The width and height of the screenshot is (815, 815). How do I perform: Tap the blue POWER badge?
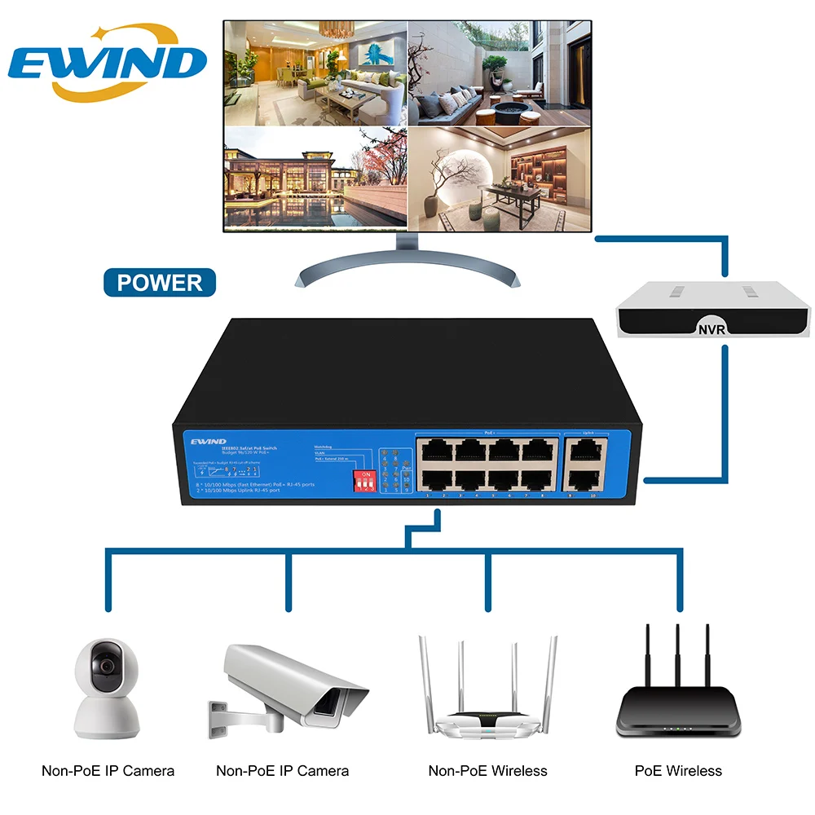159,283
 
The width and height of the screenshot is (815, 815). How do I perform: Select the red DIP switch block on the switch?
364,480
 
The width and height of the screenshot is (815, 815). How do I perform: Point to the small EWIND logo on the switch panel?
208,441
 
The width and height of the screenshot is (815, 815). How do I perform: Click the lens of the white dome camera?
105,666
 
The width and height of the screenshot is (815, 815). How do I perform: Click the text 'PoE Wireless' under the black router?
678,770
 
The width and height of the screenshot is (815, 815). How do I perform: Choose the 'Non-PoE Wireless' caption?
488,770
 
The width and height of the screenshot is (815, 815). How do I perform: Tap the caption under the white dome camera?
108,770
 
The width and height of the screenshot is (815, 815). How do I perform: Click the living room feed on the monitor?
315,73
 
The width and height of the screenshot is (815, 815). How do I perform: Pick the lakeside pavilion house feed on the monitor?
315,176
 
